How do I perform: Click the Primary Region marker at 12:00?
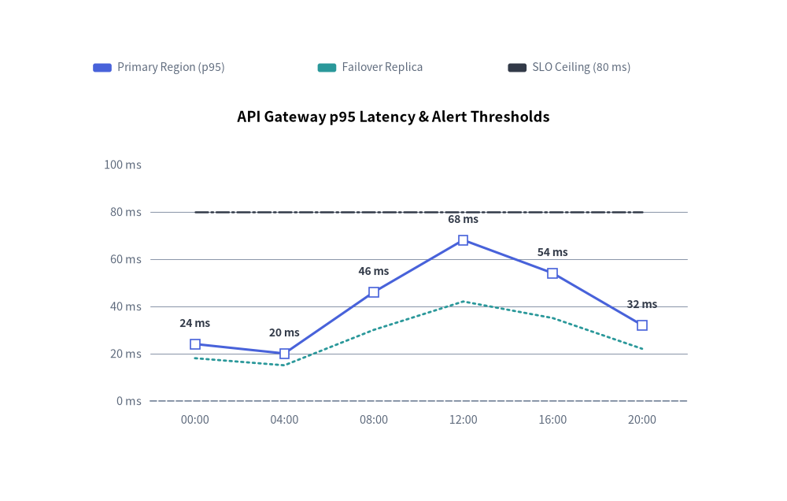click(463, 240)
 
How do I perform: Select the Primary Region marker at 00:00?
click(194, 344)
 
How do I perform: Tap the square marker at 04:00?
click(284, 354)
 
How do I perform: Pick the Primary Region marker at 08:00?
click(373, 292)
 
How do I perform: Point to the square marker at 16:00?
click(552, 273)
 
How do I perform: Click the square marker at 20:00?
click(641, 325)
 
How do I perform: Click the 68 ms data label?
click(463, 219)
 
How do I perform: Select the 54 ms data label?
click(552, 252)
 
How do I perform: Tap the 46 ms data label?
click(373, 271)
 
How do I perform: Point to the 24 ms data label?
click(194, 323)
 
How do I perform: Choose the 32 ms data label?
click(641, 304)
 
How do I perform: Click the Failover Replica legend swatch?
click(327, 67)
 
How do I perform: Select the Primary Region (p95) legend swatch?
click(102, 67)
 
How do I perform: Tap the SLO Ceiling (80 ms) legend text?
click(582, 67)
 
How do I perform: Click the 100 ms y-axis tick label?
click(123, 165)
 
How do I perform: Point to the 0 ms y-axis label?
click(129, 401)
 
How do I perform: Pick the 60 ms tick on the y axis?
click(125, 259)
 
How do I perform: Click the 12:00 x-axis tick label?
click(463, 420)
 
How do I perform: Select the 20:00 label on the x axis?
click(641, 420)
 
